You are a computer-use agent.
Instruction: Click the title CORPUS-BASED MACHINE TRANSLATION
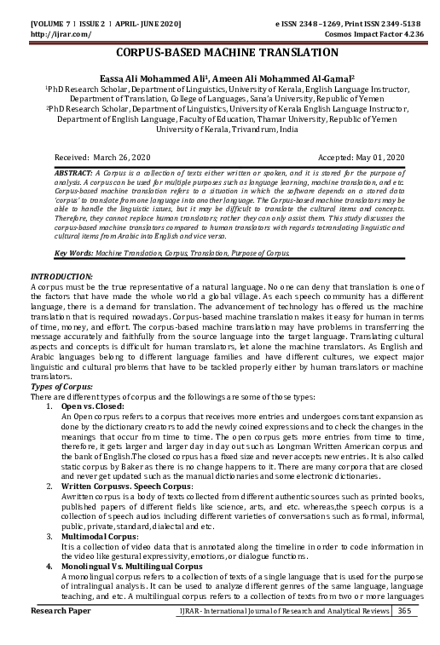220,53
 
